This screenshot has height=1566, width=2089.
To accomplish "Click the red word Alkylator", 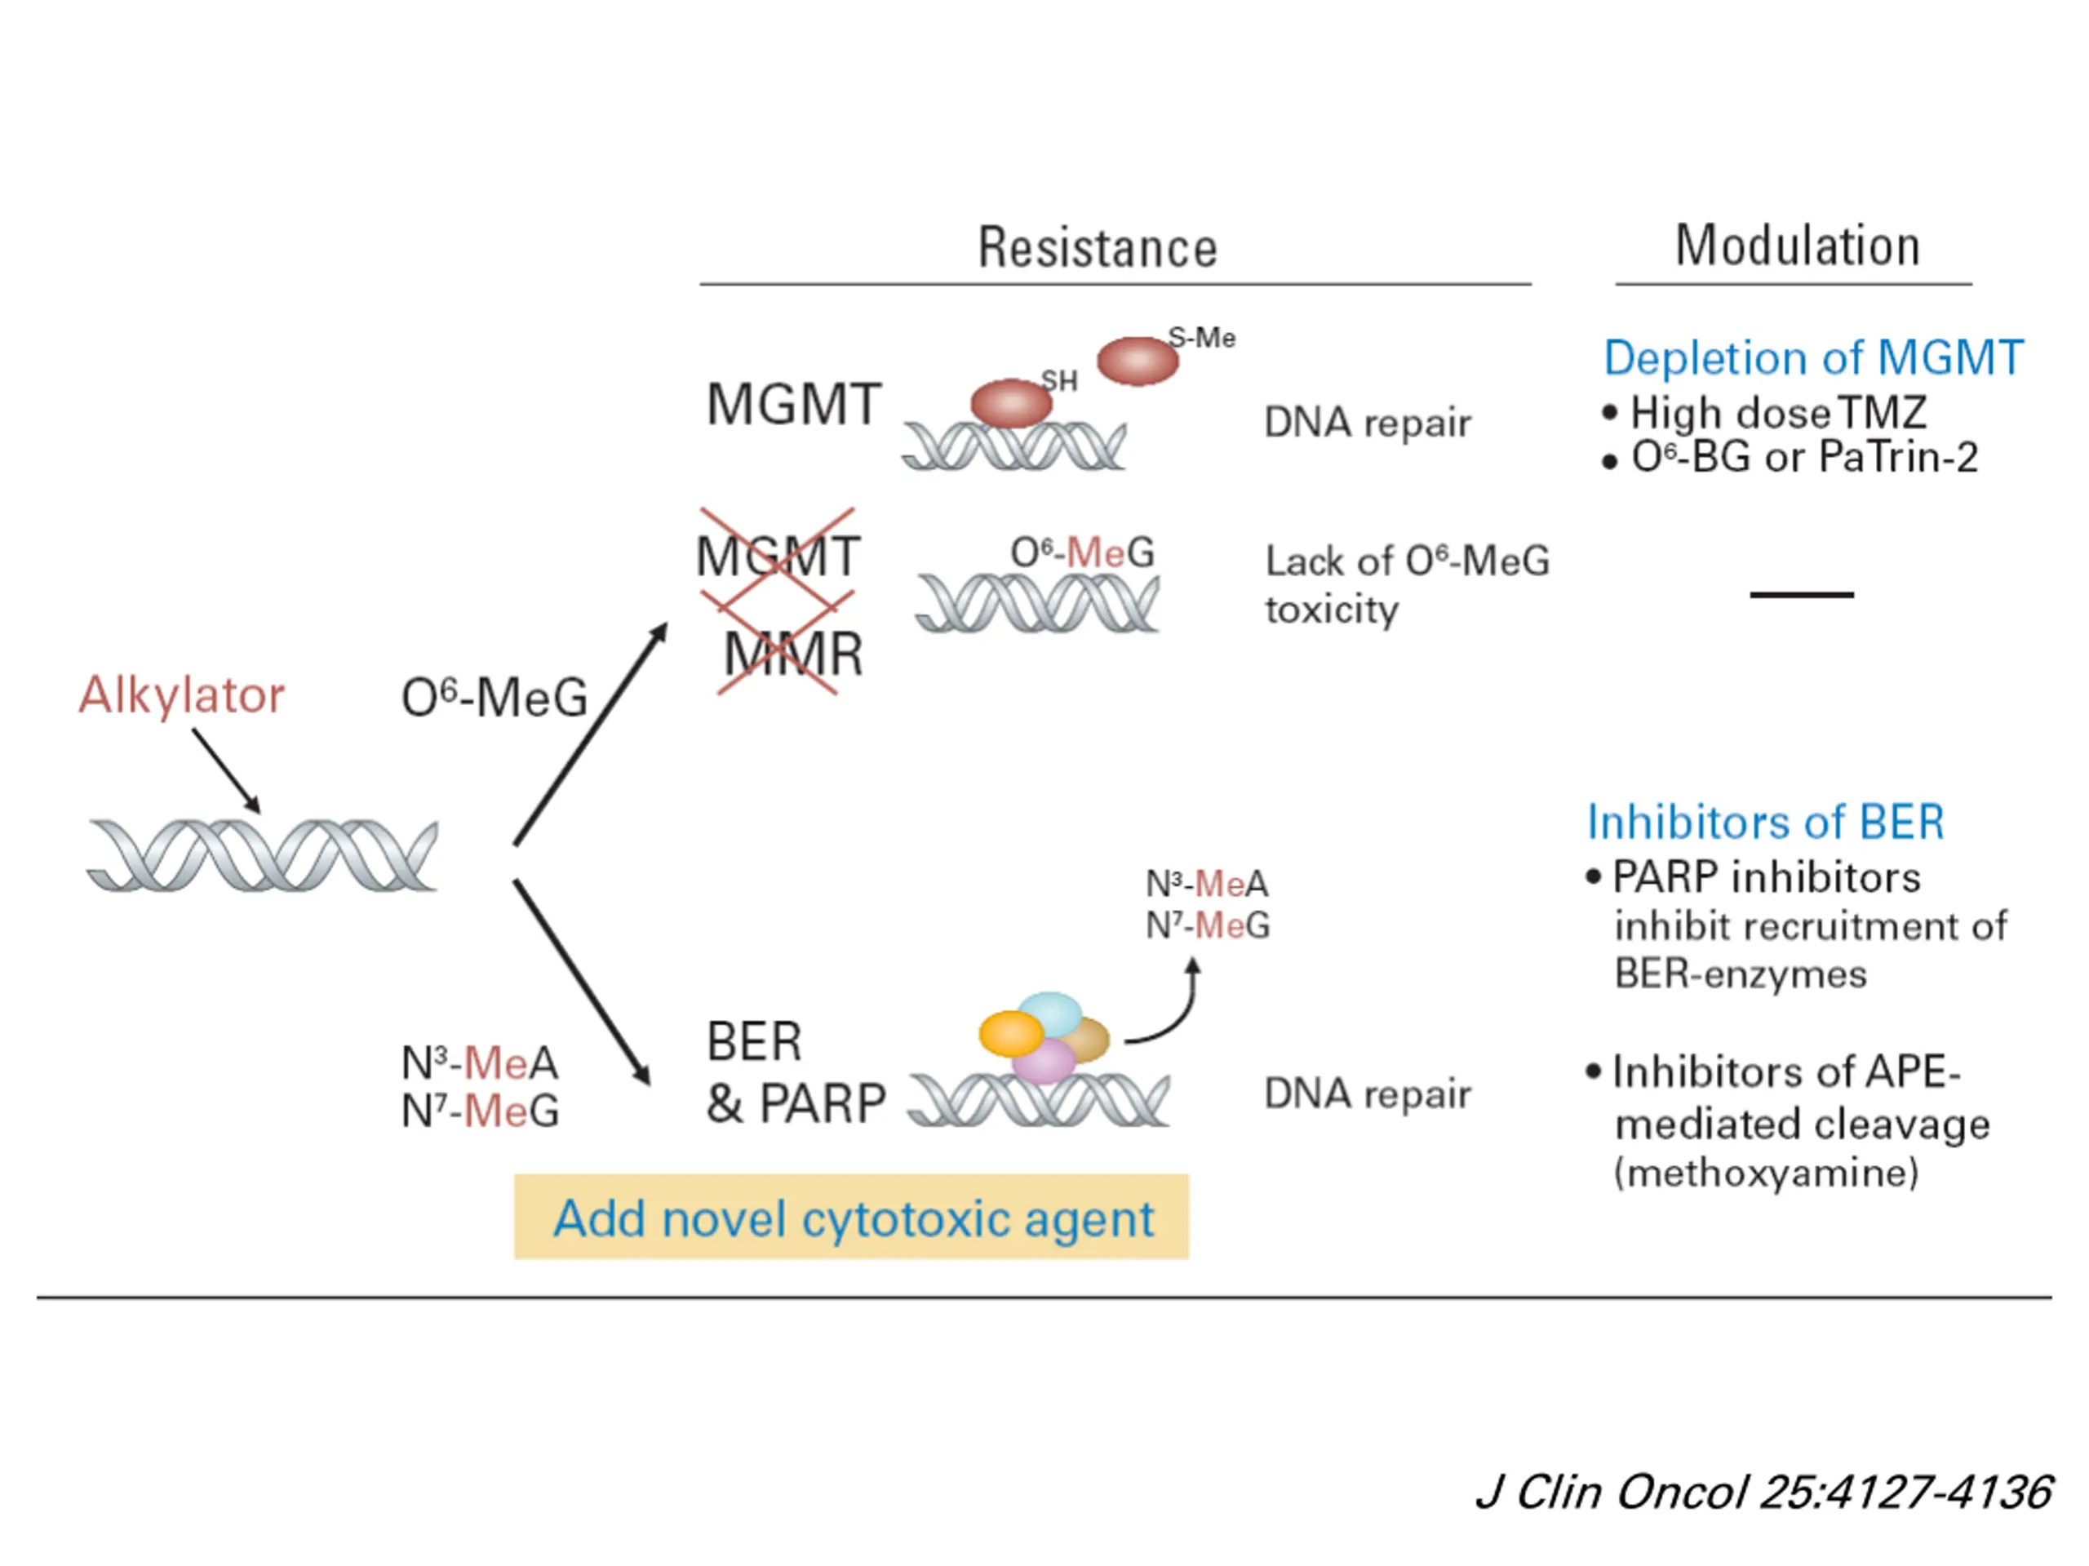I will tap(181, 696).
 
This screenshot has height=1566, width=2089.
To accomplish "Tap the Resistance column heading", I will tap(1097, 248).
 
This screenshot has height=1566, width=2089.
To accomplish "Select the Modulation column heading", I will tap(1797, 246).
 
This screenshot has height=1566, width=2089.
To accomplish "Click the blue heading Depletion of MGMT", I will tap(1813, 358).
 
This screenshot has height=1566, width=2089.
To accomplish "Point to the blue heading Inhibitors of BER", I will tap(1765, 822).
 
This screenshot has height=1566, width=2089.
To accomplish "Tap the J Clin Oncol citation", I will tap(1763, 1493).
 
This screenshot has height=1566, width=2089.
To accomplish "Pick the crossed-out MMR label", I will tap(792, 654).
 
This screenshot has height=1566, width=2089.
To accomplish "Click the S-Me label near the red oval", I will tap(1201, 337).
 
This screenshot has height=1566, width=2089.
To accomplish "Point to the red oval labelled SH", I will tap(1010, 403).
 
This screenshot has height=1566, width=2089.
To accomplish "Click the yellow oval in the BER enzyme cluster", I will tap(1010, 1033).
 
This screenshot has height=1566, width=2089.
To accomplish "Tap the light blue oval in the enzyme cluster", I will tap(1050, 1014).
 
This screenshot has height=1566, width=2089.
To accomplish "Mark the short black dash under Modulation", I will tap(1801, 595).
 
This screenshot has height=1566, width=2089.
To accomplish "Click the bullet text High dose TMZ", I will tap(1777, 413).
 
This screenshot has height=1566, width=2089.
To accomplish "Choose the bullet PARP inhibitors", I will tap(1765, 877).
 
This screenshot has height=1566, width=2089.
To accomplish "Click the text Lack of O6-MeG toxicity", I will tap(1406, 584).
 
